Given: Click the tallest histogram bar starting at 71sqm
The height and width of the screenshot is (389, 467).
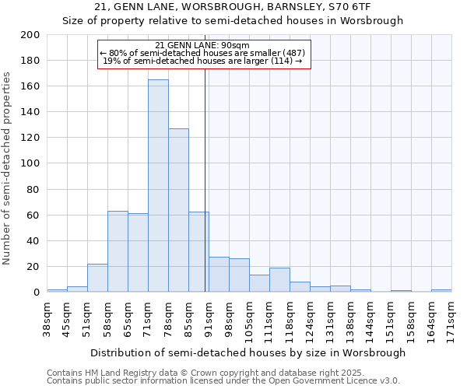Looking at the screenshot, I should click(158, 187).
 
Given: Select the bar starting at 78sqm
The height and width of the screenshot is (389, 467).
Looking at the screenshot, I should click(178, 210).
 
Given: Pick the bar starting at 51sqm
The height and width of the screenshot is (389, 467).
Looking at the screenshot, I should click(97, 278).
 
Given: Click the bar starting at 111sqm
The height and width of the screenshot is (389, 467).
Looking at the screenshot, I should click(279, 280).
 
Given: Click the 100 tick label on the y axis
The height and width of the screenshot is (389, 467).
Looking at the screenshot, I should click(30, 163).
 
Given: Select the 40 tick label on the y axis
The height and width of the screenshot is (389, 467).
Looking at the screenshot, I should click(33, 240).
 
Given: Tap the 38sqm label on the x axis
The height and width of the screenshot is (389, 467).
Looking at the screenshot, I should click(47, 320).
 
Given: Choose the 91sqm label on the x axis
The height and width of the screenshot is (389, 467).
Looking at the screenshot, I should click(209, 320).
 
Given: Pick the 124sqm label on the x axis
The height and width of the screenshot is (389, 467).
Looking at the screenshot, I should click(310, 320).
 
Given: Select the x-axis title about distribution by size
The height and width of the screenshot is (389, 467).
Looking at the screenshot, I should click(248, 352).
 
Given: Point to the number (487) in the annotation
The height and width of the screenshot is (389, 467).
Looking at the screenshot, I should click(292, 53).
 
